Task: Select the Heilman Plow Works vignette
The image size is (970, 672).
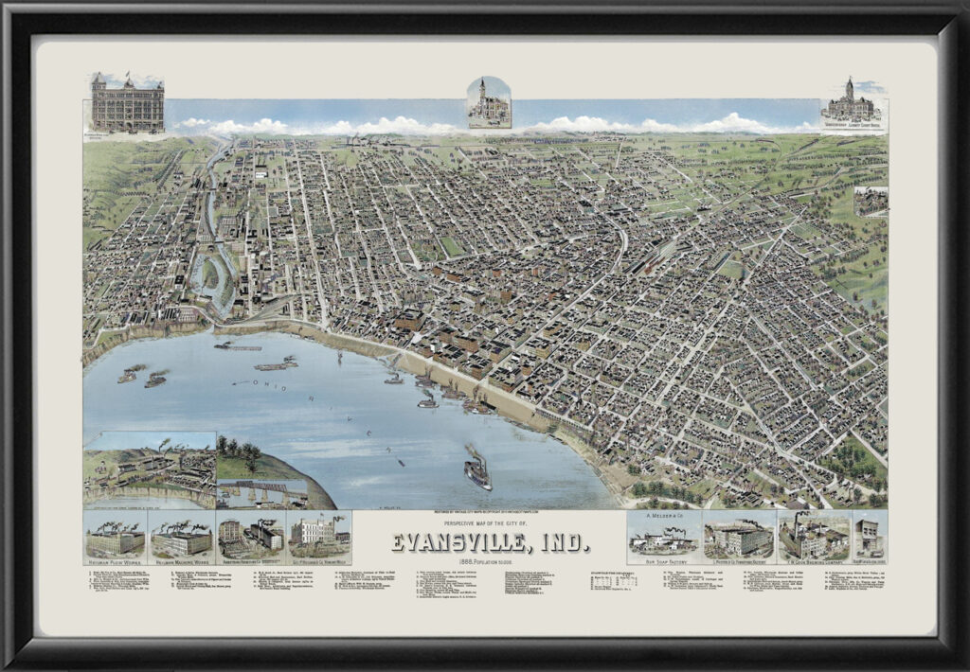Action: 115,537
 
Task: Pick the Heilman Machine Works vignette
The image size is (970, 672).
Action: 181,537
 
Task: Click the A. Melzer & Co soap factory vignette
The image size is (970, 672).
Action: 664,536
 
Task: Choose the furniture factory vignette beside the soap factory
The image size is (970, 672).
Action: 739,537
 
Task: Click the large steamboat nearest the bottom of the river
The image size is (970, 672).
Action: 477,469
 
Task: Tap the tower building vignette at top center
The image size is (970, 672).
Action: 489,102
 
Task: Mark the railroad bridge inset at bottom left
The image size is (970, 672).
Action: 261,494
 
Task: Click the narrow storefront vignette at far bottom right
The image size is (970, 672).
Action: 870,536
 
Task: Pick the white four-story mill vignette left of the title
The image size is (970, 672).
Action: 318,537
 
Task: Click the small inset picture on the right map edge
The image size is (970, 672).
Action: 871,201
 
